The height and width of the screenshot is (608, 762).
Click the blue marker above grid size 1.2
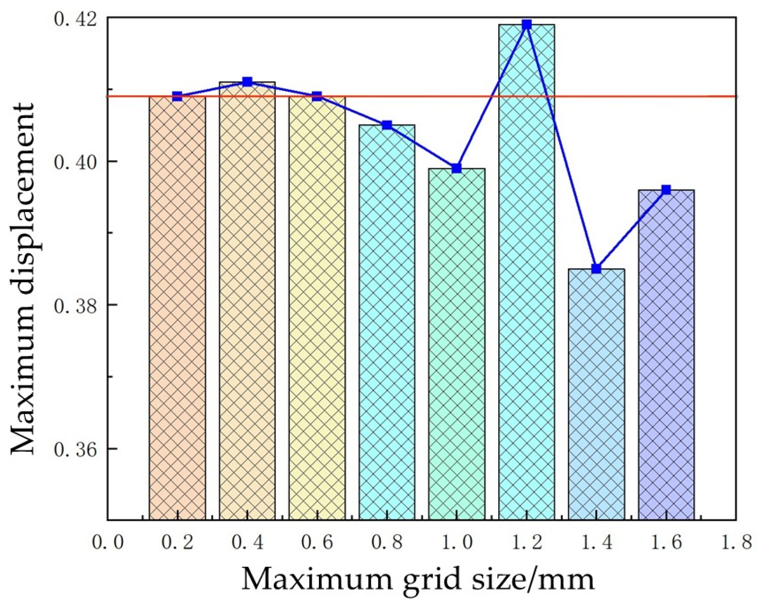pos(526,24)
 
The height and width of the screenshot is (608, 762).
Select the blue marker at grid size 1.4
pos(596,269)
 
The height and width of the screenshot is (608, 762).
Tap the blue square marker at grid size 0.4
pos(247,82)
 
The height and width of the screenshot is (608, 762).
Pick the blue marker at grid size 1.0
pos(457,168)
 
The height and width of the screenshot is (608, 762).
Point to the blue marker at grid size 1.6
pos(666,190)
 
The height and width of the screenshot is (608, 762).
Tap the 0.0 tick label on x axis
pos(108,542)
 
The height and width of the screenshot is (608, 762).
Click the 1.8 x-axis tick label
pos(736,542)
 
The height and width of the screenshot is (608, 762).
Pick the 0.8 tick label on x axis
pos(387,542)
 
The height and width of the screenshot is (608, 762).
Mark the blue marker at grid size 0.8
pos(387,125)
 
